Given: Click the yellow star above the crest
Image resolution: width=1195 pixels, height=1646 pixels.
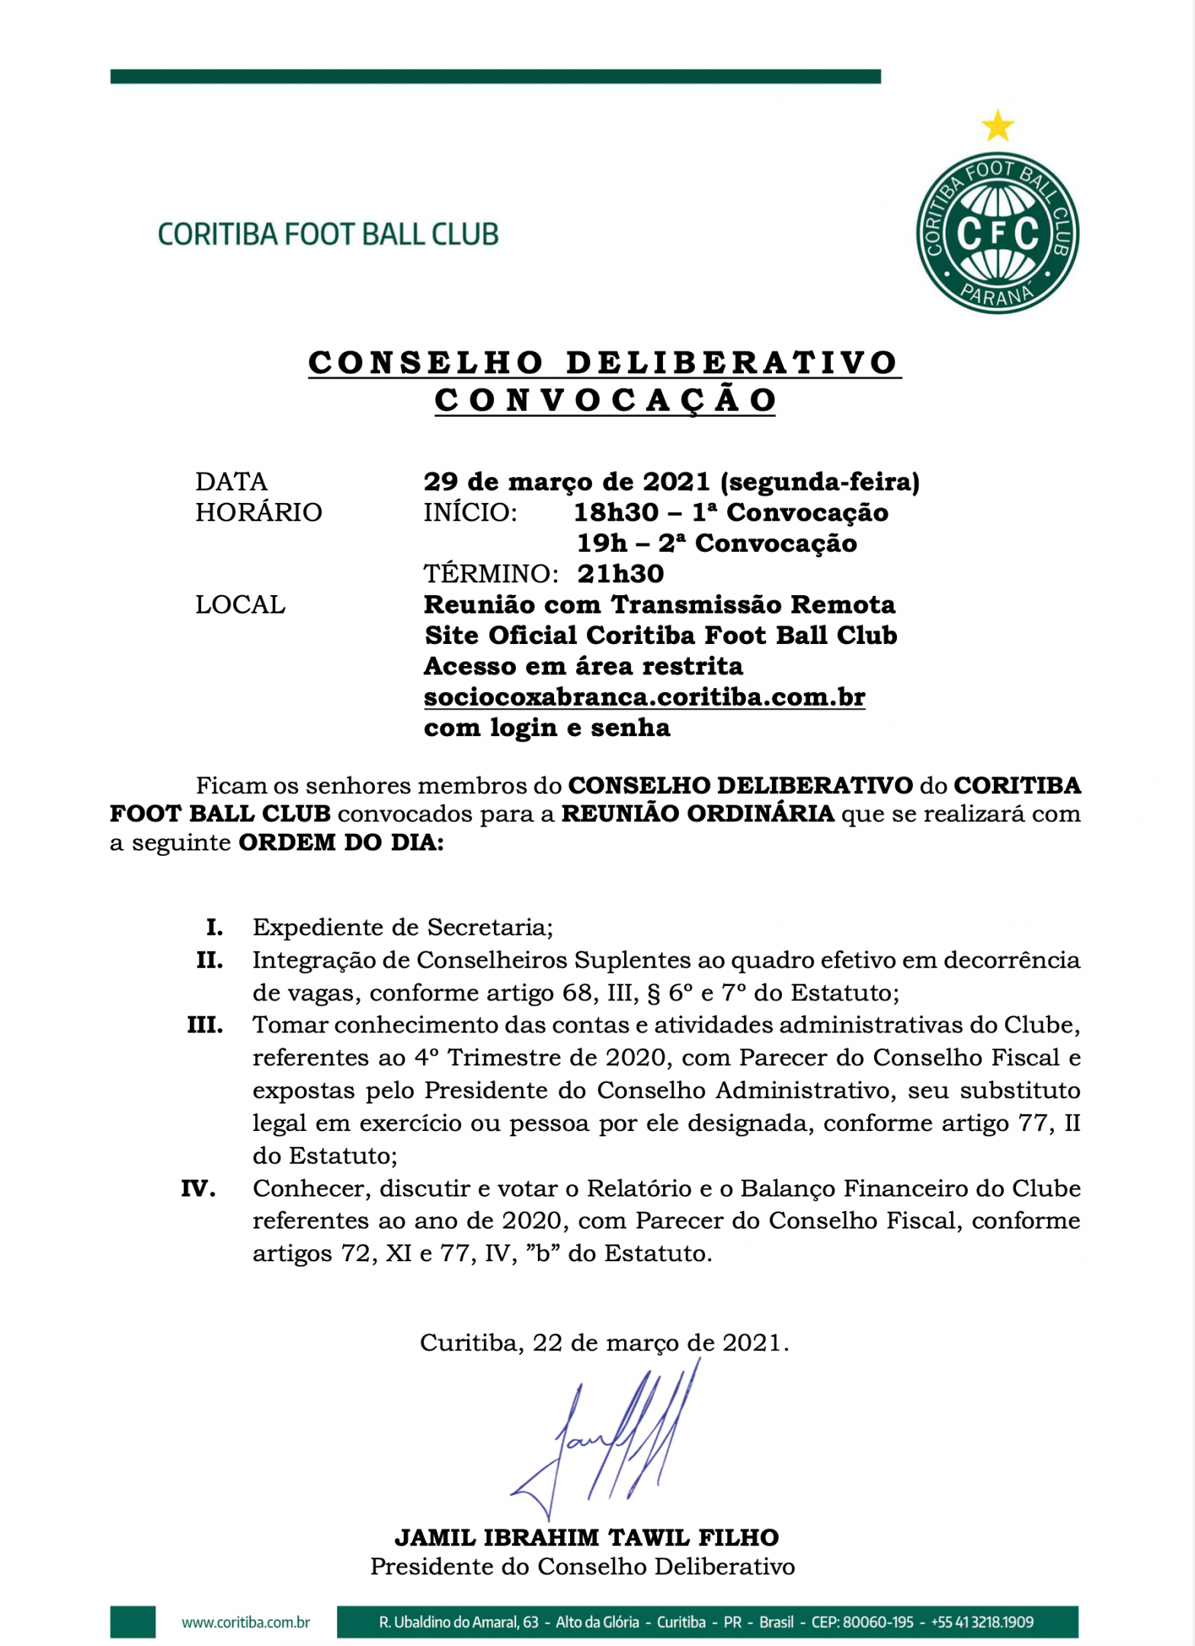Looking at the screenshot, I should tap(997, 126).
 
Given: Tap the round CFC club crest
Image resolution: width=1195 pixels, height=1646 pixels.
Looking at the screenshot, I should tap(997, 232).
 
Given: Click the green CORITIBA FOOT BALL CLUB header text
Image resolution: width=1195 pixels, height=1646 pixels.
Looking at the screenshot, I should tap(328, 234).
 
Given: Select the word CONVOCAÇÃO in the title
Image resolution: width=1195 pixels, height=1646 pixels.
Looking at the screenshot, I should tap(605, 401).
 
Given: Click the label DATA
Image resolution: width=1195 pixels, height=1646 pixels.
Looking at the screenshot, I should tap(232, 482).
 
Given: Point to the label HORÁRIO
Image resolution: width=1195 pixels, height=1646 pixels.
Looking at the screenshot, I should tap(258, 512).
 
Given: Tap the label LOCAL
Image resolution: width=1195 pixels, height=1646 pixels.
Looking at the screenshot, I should tap(240, 604).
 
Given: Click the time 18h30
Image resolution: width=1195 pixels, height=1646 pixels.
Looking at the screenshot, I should tap(616, 512).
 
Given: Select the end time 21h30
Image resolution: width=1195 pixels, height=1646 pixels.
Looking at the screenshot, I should tap(620, 574).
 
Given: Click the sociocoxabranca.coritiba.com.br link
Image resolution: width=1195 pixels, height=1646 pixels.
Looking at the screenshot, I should tap(644, 697).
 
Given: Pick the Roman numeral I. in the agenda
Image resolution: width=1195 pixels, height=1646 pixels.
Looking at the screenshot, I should tap(214, 927).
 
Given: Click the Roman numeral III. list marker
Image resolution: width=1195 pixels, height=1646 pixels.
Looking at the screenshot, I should tap(205, 1025).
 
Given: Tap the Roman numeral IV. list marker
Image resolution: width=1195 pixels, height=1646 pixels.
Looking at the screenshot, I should tap(198, 1189).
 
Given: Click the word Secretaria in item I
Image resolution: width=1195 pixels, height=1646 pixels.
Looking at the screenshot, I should tap(489, 927).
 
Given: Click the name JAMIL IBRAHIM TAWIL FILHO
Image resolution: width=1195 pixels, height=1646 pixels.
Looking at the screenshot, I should tap(586, 1538).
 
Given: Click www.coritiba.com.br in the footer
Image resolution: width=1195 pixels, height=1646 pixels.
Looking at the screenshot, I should tap(245, 1622).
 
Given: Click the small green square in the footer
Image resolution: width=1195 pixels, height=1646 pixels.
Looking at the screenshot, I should tap(133, 1622).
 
